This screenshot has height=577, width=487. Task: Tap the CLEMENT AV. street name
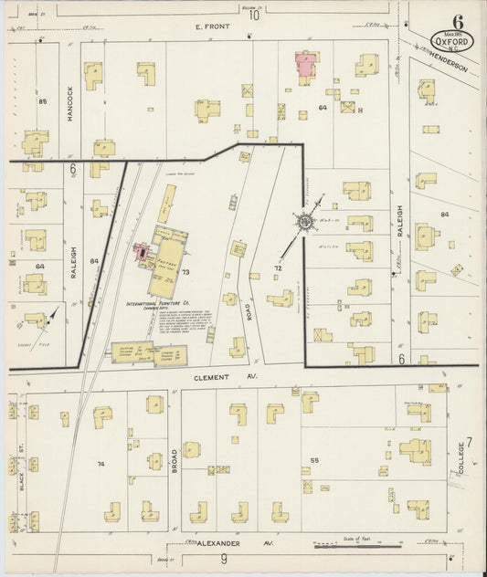point(228,376)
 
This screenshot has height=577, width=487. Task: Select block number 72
point(277,269)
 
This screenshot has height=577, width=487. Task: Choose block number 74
point(101,464)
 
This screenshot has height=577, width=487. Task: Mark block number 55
point(314,460)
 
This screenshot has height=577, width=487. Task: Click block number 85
point(42,100)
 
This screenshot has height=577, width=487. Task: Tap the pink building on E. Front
point(306,65)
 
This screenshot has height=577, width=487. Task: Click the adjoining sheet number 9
point(224,559)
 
